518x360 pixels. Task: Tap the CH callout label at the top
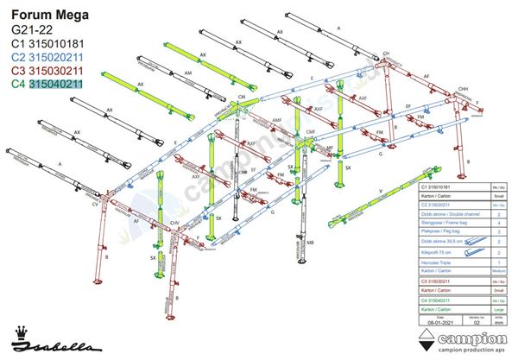[386, 54]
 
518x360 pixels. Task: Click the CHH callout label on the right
[463, 89]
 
